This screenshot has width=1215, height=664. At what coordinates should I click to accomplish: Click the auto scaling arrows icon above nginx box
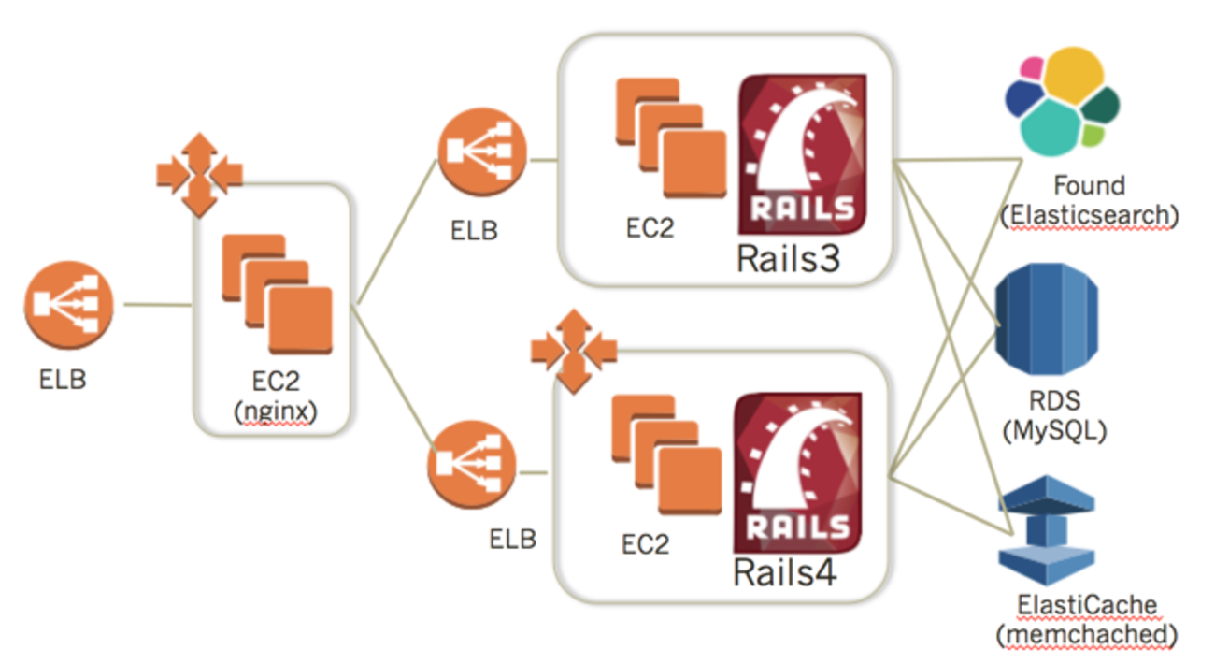point(199,174)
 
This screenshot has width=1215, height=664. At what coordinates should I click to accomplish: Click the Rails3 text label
point(789,257)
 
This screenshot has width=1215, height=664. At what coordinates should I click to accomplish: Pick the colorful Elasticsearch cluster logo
point(1062,104)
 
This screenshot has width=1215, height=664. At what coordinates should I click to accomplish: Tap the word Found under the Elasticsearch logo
point(1089,185)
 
